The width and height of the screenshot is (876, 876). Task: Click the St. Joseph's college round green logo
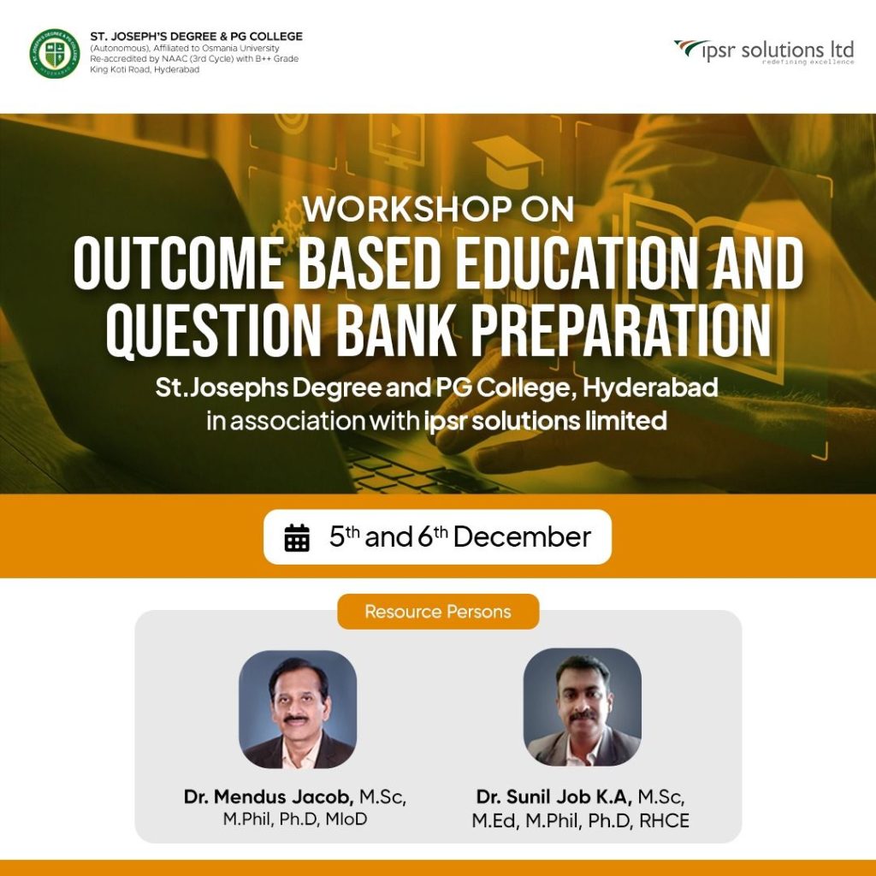54,54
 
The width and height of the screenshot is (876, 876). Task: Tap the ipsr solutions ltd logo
764,52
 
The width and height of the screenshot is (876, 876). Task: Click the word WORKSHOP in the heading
406,209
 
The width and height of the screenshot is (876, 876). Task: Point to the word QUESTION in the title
213,331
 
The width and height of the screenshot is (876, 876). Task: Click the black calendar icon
297,537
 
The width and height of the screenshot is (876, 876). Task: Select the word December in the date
522,537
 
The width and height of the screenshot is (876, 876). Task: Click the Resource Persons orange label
438,611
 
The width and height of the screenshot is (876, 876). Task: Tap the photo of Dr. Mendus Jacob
298,709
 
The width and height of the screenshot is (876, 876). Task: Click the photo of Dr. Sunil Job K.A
582,707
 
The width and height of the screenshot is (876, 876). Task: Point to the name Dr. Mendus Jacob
268,796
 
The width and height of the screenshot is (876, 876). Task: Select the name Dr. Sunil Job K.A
553,796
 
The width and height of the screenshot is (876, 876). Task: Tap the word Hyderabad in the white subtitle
650,388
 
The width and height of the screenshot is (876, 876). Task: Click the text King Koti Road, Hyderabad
145,70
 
